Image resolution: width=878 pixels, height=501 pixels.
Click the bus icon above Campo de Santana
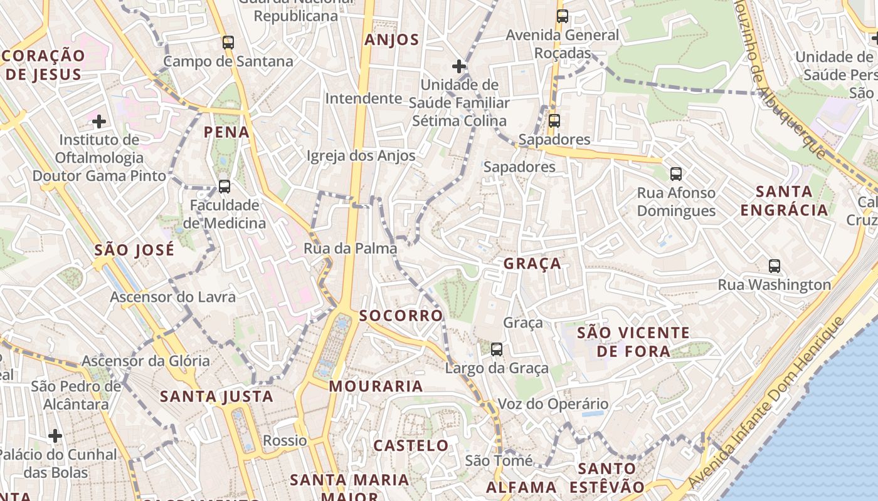[x=228, y=43]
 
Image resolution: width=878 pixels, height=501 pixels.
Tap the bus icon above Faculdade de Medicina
[x=224, y=187]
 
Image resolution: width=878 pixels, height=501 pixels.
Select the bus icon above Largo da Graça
[x=497, y=349]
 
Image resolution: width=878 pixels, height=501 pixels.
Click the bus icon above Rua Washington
[x=775, y=266]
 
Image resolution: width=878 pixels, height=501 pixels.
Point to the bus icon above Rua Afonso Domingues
[x=675, y=174]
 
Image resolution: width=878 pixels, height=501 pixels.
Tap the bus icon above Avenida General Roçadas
[x=563, y=16]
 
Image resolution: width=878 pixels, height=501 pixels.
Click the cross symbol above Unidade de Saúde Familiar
[x=459, y=66]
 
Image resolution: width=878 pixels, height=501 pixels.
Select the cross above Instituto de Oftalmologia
[x=98, y=121]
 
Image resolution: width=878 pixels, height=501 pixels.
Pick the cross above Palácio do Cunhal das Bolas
[x=55, y=435]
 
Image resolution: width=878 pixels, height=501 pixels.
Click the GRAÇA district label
[x=532, y=264]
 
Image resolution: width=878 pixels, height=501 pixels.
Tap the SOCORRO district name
[x=401, y=316]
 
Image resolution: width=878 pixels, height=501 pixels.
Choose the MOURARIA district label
[x=376, y=386]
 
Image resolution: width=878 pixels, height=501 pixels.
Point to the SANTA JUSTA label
[x=216, y=396]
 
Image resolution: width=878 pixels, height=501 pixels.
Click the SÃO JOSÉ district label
[x=134, y=250]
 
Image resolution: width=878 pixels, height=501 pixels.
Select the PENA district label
[x=226, y=132]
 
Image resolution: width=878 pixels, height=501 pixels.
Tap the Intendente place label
[x=364, y=98]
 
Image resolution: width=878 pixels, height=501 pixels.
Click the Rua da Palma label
[x=351, y=249]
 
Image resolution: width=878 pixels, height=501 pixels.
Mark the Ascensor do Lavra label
[x=173, y=297]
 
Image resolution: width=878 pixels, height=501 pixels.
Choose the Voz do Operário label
[x=553, y=404]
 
